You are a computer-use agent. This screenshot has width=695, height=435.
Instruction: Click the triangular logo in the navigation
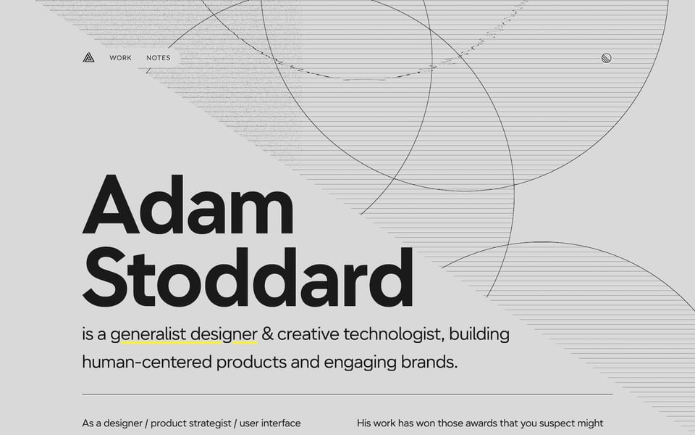pyautogui.click(x=88, y=58)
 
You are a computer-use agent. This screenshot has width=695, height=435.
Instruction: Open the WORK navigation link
pyautogui.click(x=121, y=58)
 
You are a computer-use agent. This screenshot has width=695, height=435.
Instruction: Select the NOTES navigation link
pyautogui.click(x=159, y=58)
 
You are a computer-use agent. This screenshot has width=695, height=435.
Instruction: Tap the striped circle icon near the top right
pyautogui.click(x=607, y=58)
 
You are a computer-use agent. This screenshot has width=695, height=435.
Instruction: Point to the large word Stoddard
pyautogui.click(x=248, y=277)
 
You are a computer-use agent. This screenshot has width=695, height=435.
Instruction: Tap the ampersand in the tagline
pyautogui.click(x=267, y=335)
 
